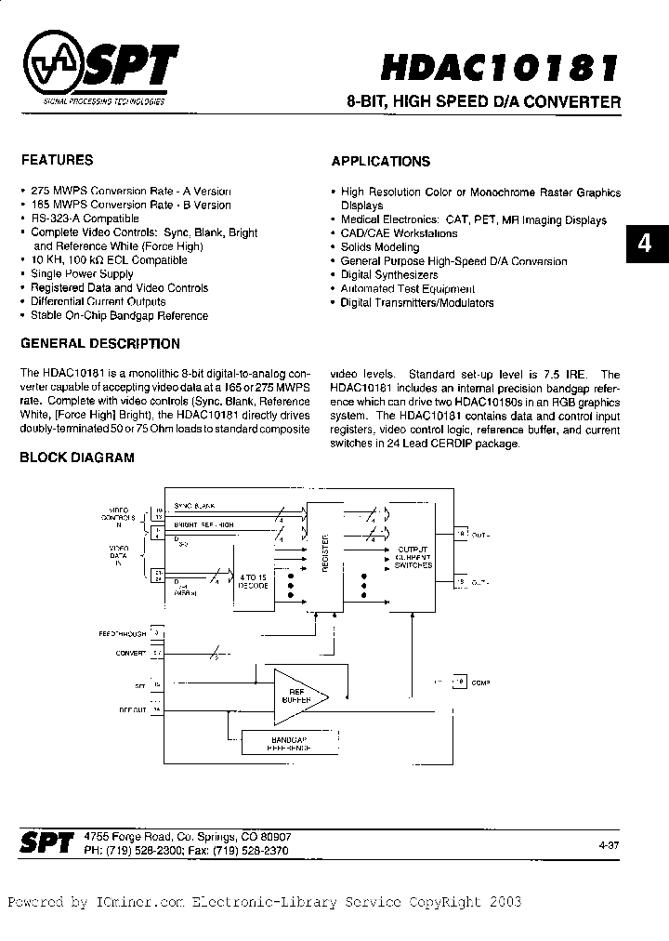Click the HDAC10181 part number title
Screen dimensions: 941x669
(x=500, y=68)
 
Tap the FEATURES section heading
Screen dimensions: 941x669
(x=57, y=160)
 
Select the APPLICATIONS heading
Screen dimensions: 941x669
(x=381, y=161)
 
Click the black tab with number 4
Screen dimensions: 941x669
(x=646, y=244)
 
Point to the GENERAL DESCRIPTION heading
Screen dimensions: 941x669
(x=100, y=343)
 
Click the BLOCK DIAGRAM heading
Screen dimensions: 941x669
(x=77, y=457)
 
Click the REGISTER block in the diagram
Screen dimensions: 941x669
(x=325, y=556)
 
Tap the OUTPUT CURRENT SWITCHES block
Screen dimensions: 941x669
(x=413, y=558)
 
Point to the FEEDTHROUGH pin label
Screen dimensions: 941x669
(x=122, y=633)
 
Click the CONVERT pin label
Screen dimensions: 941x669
(x=131, y=653)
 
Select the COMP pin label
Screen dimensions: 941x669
(x=480, y=683)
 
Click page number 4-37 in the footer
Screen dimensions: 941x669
(x=612, y=844)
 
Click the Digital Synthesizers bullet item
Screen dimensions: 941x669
(x=388, y=275)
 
